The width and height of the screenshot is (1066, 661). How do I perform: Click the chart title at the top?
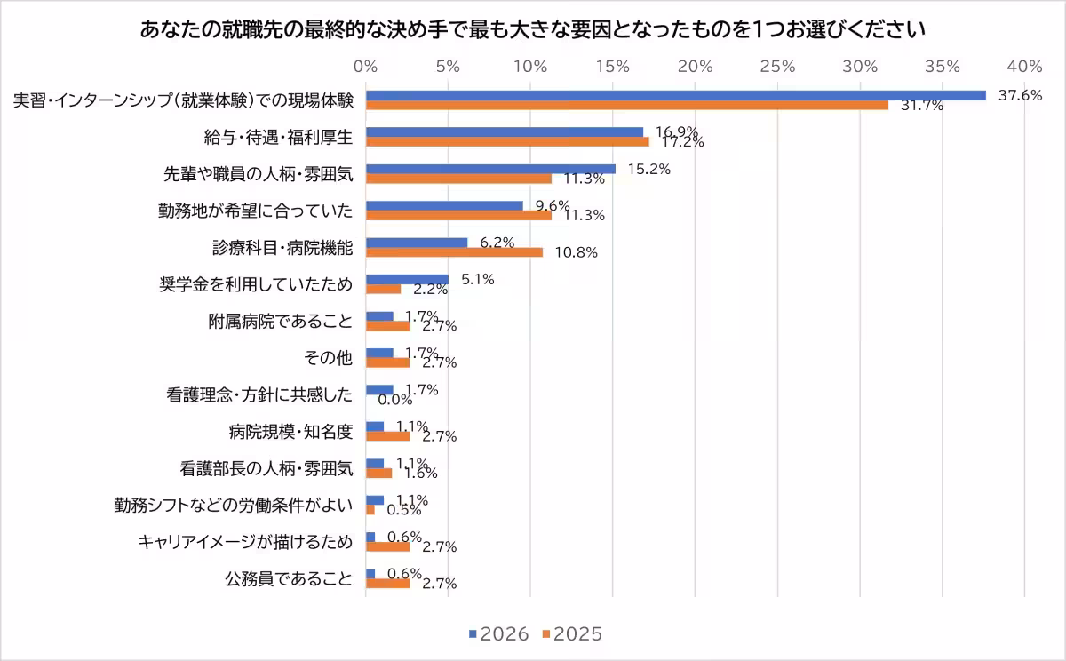click(x=533, y=29)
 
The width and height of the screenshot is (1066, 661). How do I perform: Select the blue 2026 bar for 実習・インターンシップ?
click(x=675, y=95)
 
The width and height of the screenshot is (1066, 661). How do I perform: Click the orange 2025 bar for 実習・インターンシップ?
click(x=626, y=105)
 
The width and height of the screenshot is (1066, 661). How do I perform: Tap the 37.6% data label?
click(x=1020, y=95)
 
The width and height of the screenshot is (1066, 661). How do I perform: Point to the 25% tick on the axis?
click(x=778, y=67)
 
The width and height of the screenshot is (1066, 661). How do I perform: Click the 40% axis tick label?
click(x=1025, y=67)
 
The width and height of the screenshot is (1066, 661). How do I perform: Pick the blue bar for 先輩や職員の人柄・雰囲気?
click(x=490, y=169)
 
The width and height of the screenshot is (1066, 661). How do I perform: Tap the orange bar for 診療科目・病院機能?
click(x=454, y=252)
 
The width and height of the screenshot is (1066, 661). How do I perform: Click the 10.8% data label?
click(x=576, y=252)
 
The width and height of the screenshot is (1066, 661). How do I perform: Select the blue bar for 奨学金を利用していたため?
click(x=407, y=279)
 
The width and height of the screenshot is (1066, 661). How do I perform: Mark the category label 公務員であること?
click(x=289, y=578)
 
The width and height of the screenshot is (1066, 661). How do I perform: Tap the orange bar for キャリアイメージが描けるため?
click(x=387, y=546)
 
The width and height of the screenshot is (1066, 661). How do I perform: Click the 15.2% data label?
click(x=648, y=169)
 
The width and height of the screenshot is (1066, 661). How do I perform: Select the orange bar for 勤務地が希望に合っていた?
click(x=458, y=215)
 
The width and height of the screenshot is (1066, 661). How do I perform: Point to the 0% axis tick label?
click(x=365, y=67)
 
